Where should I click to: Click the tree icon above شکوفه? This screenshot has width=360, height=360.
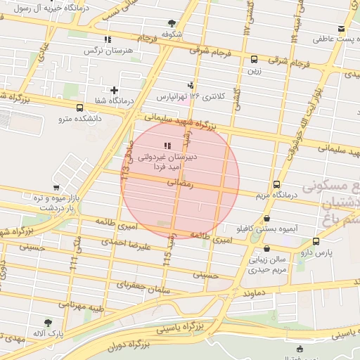[172, 23]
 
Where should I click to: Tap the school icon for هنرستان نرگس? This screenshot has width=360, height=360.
[107, 40]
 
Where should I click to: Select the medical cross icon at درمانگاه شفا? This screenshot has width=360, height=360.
[114, 90]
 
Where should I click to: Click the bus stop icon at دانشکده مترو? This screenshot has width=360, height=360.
[79, 108]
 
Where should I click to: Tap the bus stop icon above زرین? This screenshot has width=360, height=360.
[254, 60]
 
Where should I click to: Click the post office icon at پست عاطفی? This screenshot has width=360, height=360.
[342, 29]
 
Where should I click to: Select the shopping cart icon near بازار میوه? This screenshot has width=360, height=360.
[56, 188]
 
